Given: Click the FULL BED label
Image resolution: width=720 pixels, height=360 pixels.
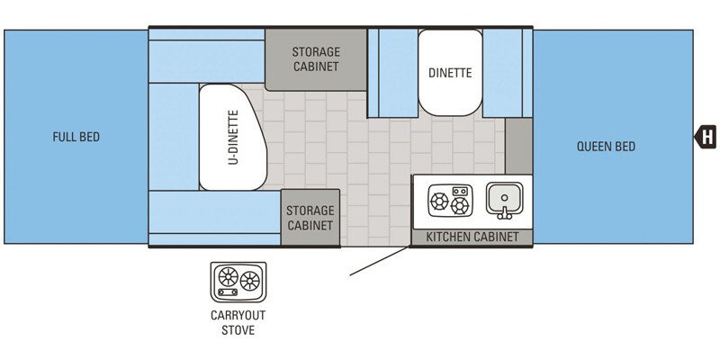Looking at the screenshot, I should tap(76, 138).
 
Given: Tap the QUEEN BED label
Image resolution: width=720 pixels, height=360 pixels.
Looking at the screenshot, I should tap(606, 146).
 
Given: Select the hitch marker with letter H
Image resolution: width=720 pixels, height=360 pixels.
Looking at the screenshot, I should tap(706, 137).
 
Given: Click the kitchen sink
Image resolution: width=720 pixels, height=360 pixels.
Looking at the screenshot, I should tap(504, 199).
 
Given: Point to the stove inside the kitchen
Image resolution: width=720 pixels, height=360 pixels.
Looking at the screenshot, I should tap(449, 201).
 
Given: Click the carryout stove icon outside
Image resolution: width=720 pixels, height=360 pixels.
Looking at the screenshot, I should tap(238, 282).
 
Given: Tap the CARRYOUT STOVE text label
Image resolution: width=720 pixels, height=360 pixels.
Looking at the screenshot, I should tap(238, 322).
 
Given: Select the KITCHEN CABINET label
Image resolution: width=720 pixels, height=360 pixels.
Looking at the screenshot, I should tap(472, 237).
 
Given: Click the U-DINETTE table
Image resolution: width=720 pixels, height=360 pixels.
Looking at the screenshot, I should tap(232, 138).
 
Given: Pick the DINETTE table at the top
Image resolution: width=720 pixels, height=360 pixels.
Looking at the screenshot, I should tap(450, 73).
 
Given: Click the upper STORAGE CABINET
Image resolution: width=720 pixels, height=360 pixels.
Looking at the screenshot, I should tap(315, 59).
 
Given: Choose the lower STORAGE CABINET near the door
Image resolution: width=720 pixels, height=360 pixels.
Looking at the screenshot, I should tap(310, 217).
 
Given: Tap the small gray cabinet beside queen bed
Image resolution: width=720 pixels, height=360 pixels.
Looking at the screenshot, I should tap(518, 145).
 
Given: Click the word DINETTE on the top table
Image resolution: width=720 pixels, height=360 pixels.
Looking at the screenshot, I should tap(450, 73).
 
